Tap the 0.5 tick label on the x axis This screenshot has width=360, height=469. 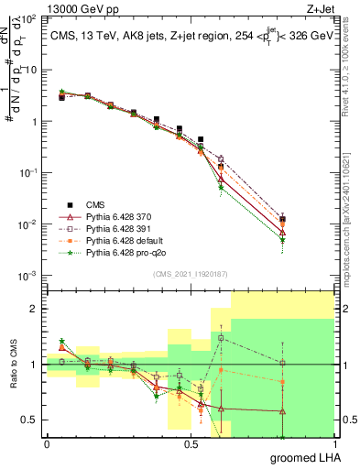point(190,443)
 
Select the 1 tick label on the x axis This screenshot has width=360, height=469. point(333,443)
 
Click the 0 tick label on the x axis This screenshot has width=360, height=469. point(46,443)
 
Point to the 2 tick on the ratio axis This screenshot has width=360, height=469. point(35,309)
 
